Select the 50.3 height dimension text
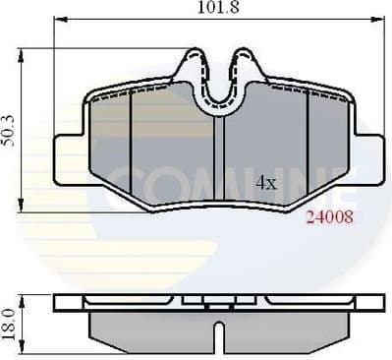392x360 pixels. [10, 130]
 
